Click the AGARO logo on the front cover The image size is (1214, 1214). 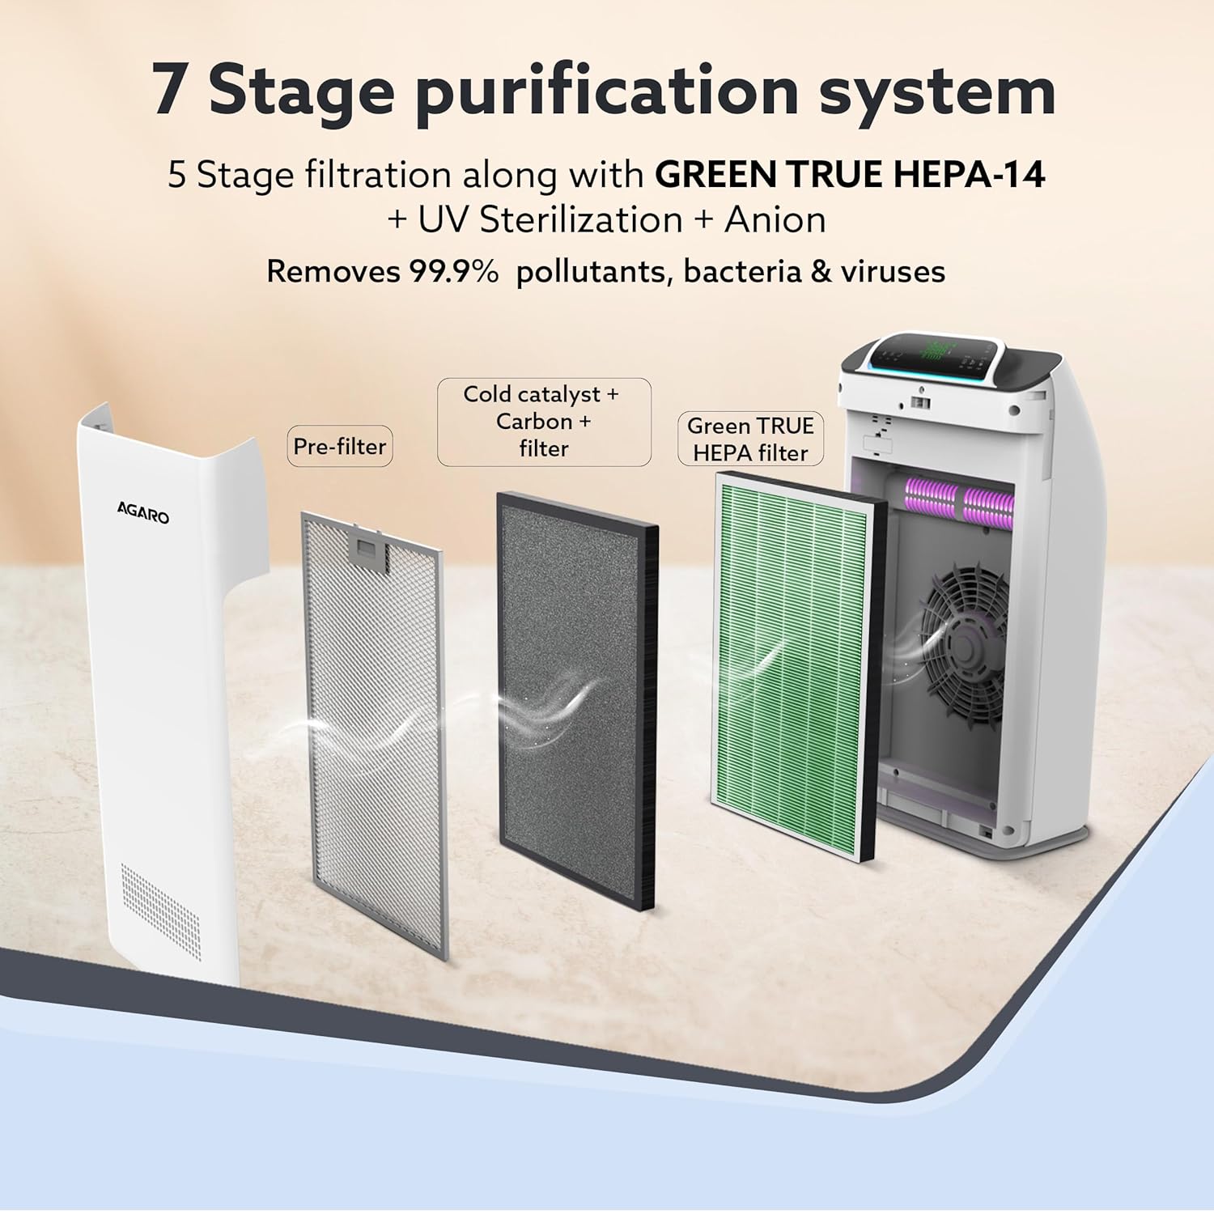point(143,512)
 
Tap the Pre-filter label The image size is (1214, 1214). point(340,446)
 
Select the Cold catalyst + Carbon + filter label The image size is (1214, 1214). point(544,422)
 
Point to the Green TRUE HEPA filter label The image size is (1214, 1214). point(750,439)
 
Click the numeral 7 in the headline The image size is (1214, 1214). point(169,90)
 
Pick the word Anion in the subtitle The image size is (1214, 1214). point(775,219)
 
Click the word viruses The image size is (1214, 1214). point(893,271)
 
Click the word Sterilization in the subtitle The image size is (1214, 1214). point(581,219)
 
